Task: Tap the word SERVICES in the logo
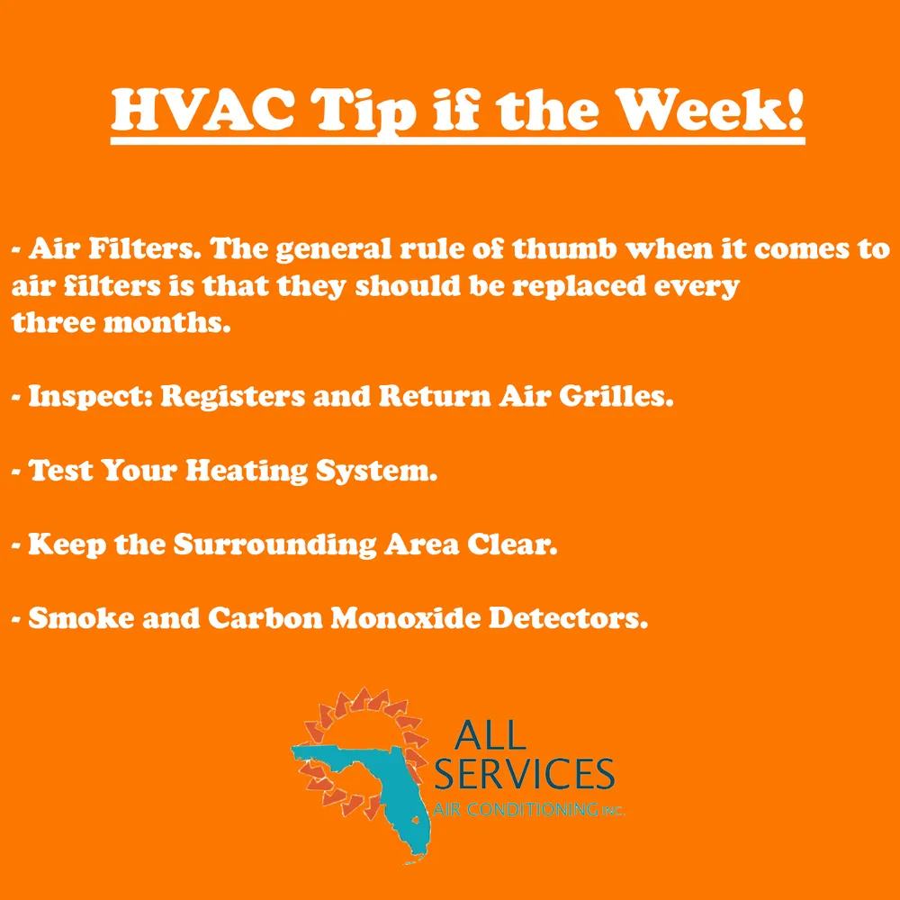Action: click(524, 774)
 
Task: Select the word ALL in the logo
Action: click(489, 735)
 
